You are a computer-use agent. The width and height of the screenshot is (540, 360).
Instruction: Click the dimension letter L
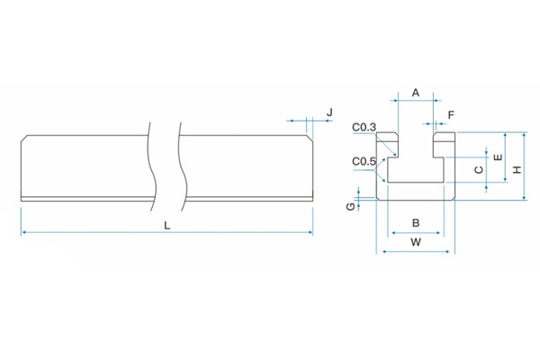(x=166, y=224)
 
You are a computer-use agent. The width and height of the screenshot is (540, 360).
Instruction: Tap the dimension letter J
(x=329, y=112)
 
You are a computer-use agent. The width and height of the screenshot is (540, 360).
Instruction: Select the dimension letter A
(x=416, y=93)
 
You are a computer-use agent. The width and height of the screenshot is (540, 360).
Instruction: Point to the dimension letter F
(x=451, y=114)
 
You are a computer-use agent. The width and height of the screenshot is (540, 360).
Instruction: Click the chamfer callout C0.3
(x=364, y=127)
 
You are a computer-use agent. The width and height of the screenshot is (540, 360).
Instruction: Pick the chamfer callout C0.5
(x=364, y=161)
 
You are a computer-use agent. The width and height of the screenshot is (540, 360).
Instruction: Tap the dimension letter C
(x=479, y=168)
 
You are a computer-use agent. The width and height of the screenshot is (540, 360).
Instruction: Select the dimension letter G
(x=350, y=207)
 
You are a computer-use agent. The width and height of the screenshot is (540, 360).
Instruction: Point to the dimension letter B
(x=415, y=222)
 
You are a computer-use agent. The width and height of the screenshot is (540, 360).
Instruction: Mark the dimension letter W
(x=415, y=242)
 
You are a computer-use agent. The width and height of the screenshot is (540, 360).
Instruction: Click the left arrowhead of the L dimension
(x=22, y=232)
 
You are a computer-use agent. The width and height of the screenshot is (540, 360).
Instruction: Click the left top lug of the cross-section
(x=388, y=142)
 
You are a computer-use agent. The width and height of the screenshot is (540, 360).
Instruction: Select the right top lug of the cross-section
(x=445, y=142)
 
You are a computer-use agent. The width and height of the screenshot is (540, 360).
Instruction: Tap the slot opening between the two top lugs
(x=416, y=142)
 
